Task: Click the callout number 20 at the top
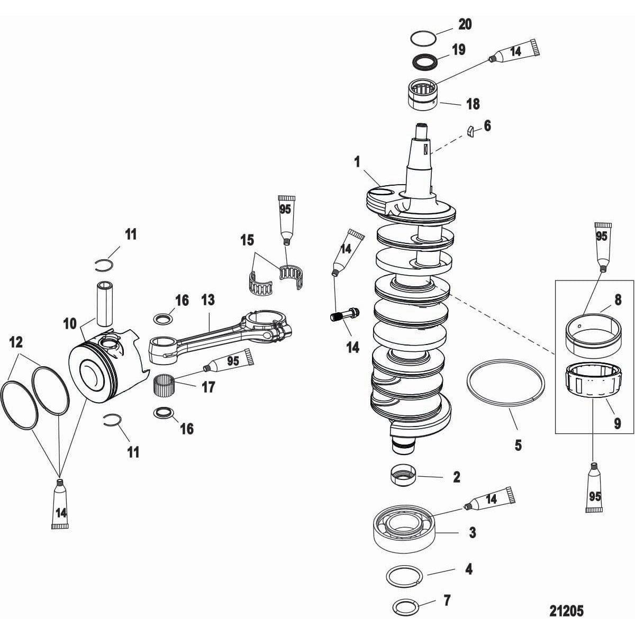(x=465, y=24)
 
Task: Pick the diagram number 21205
(x=566, y=611)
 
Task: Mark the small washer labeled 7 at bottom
(x=406, y=605)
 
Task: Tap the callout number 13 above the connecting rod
(x=208, y=301)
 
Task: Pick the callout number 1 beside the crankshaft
(x=357, y=161)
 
